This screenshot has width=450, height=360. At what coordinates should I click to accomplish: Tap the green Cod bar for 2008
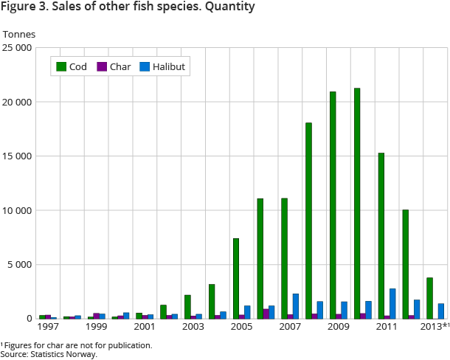pos(308,221)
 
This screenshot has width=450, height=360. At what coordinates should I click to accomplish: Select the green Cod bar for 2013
pos(429,298)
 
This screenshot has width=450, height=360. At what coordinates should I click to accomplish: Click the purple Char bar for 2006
pos(266,314)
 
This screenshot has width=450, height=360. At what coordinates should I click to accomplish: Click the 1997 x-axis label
pos(48,326)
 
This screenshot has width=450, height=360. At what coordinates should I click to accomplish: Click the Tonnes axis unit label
pos(19,34)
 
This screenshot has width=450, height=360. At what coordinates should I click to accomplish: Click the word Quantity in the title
pos(228,7)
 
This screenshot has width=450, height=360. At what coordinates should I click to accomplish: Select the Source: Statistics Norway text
pos(49,354)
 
